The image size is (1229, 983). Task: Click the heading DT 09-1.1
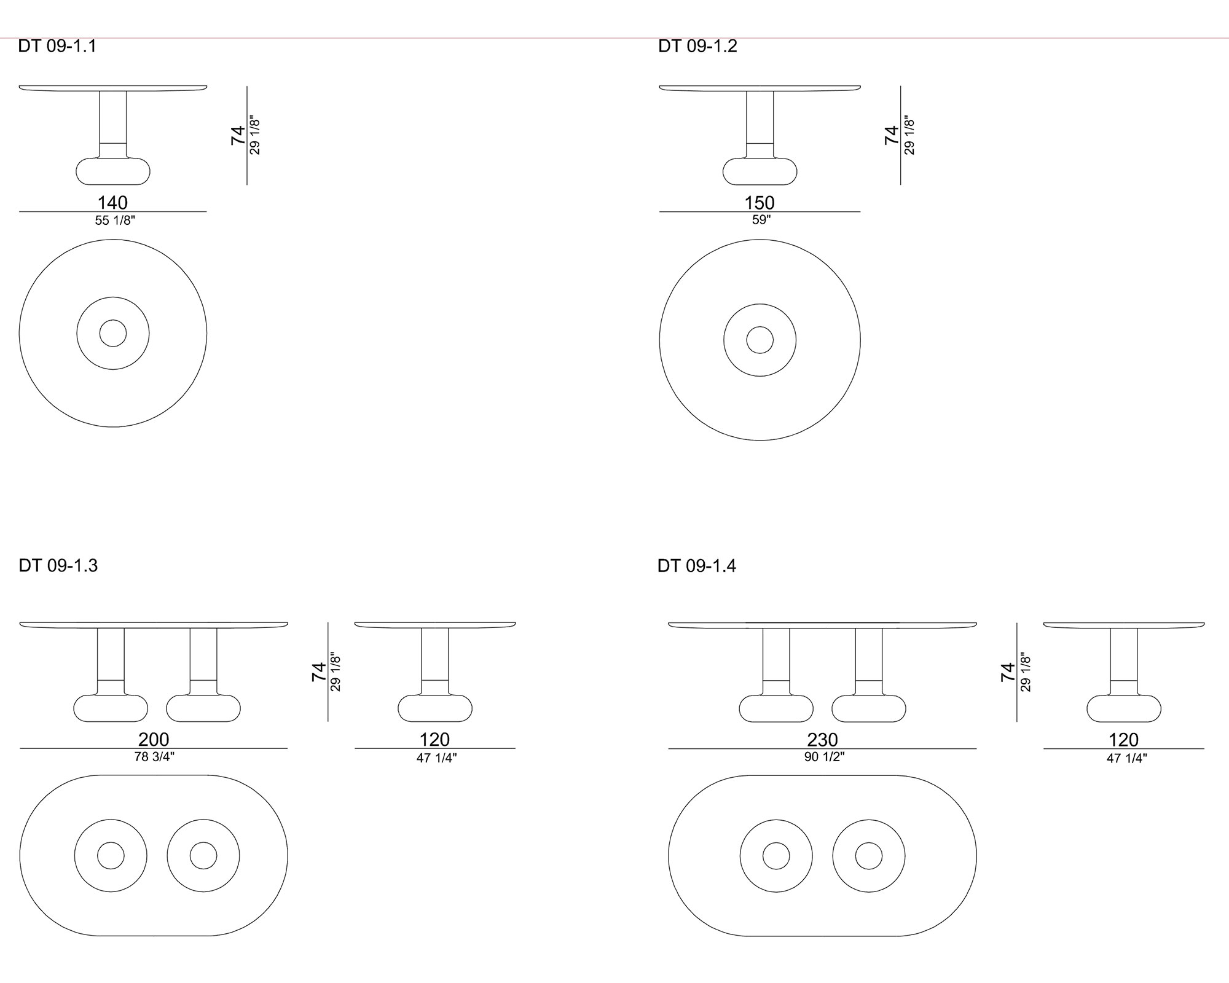tap(57, 47)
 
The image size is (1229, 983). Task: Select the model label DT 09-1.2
tap(697, 47)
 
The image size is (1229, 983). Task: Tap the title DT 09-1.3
tap(58, 565)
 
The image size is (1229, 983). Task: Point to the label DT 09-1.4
tap(697, 565)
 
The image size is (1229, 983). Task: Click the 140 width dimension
tap(113, 202)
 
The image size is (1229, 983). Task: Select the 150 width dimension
tap(760, 202)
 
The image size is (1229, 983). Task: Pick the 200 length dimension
tap(154, 739)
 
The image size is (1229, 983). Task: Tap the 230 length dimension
tap(823, 739)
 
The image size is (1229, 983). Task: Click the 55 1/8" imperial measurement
tap(115, 221)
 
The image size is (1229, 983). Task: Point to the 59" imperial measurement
tap(761, 220)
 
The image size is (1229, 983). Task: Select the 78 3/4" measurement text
tap(154, 757)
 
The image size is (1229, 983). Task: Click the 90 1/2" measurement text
tap(825, 757)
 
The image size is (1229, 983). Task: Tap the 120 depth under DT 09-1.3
tap(434, 739)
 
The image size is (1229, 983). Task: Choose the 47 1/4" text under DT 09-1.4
tap(1127, 758)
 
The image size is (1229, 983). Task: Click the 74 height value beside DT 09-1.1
tap(238, 135)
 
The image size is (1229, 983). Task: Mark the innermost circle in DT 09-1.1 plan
tap(113, 320)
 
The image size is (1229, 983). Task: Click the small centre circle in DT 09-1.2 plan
tap(760, 327)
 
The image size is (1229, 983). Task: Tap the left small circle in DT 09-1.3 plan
tap(111, 842)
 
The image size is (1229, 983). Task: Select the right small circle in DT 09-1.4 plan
tap(869, 843)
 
